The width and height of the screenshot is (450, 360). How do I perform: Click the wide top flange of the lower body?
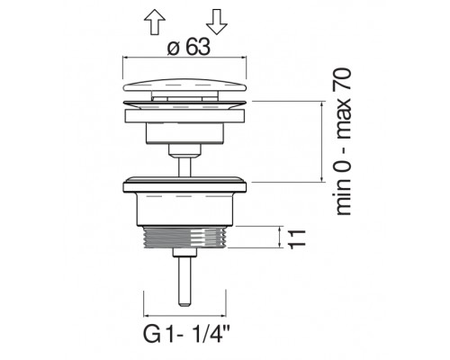click(x=186, y=184)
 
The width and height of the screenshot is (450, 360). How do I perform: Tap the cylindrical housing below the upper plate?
click(x=186, y=130)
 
